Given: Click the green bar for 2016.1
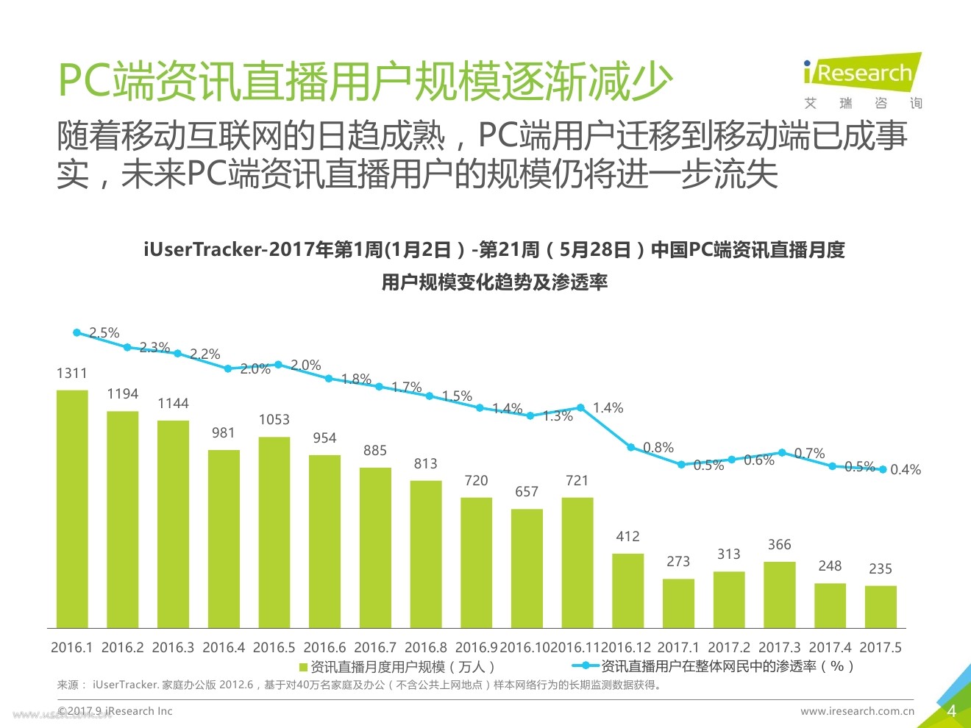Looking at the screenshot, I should (x=72, y=508).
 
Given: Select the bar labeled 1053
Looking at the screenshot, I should (x=274, y=532).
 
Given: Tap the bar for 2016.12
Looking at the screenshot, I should (x=627, y=590).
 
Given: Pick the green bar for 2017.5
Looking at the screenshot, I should (x=881, y=606).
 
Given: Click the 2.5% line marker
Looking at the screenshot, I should (x=77, y=332).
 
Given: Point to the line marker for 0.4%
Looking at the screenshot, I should (x=883, y=468).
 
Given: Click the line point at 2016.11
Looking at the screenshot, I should (x=581, y=407).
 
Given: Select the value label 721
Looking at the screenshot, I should (x=577, y=481).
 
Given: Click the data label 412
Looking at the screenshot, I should (x=627, y=537).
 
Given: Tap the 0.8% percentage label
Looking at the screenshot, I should (x=658, y=447).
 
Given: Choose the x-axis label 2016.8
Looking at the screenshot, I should (x=425, y=648).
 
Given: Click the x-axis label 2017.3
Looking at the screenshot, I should (x=779, y=648).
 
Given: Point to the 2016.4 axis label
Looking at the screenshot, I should (x=223, y=648).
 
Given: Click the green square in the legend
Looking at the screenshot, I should (x=303, y=667).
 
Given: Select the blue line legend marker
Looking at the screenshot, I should (x=586, y=666).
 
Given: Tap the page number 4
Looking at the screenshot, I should (x=951, y=711).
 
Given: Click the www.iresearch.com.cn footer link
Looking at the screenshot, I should (x=857, y=711).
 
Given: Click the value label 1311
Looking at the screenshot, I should (x=71, y=374).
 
